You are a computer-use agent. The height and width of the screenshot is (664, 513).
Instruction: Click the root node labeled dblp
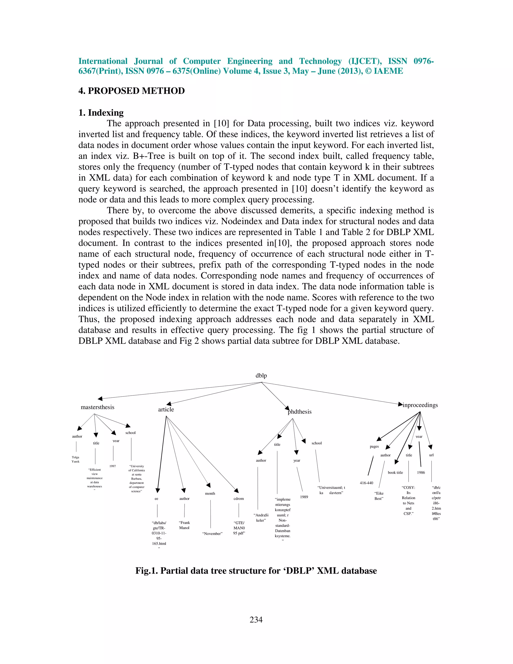point(261,376)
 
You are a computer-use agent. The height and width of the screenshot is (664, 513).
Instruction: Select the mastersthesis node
point(97,407)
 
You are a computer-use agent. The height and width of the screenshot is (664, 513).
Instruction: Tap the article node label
point(166,409)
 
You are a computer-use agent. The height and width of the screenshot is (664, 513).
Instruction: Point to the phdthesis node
point(300,412)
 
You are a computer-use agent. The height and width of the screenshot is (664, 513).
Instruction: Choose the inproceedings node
point(420,405)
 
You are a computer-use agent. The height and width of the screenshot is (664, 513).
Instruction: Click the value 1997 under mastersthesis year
point(113,466)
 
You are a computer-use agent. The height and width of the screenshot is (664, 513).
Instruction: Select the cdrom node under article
point(238,499)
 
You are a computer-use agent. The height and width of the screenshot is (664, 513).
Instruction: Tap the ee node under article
point(156,499)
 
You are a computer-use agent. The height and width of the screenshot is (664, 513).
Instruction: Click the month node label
point(210,493)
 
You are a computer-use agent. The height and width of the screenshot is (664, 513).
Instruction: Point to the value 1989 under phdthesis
point(304,497)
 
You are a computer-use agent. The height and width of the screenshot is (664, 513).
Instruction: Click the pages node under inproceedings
point(374,447)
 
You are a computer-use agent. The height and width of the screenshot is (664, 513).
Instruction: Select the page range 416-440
point(366,483)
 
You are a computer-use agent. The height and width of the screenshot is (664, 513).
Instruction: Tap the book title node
point(395,473)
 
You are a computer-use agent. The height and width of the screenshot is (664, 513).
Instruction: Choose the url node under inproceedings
point(431,455)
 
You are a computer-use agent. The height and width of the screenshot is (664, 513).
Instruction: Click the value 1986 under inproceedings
point(421,473)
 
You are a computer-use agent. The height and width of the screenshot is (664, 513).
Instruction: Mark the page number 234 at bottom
point(256,620)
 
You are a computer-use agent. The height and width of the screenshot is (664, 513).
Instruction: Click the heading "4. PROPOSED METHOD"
point(132,91)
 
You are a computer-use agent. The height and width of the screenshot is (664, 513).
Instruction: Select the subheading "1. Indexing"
point(101,113)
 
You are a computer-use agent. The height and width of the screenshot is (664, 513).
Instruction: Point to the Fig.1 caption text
point(256,571)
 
